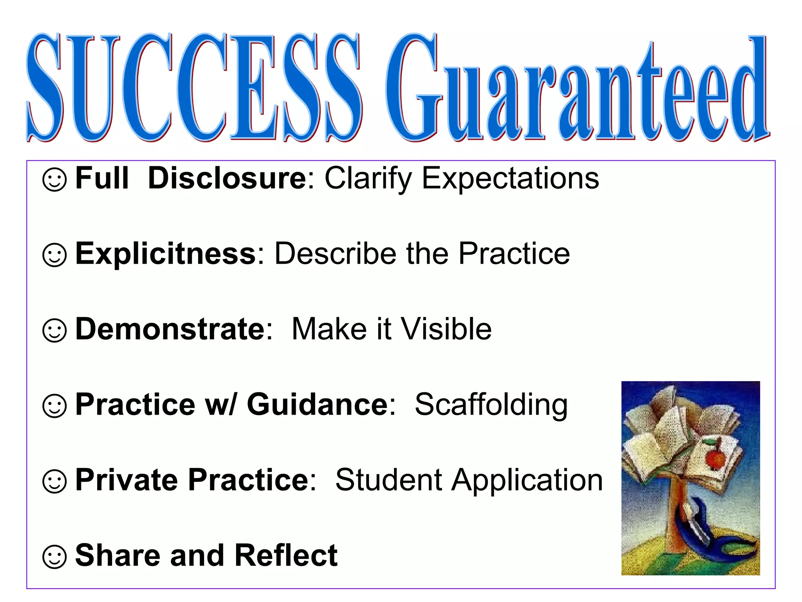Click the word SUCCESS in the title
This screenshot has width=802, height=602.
194,88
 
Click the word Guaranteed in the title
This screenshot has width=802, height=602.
578,90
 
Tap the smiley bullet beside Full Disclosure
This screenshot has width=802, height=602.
54,180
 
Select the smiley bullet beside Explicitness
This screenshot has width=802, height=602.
54,255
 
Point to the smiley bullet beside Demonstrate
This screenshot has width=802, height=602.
54,330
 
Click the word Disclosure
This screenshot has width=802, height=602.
227,178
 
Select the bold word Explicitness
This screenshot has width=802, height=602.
165,254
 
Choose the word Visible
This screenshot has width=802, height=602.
446,329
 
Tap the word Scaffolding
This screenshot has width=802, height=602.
491,404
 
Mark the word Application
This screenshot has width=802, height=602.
527,481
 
